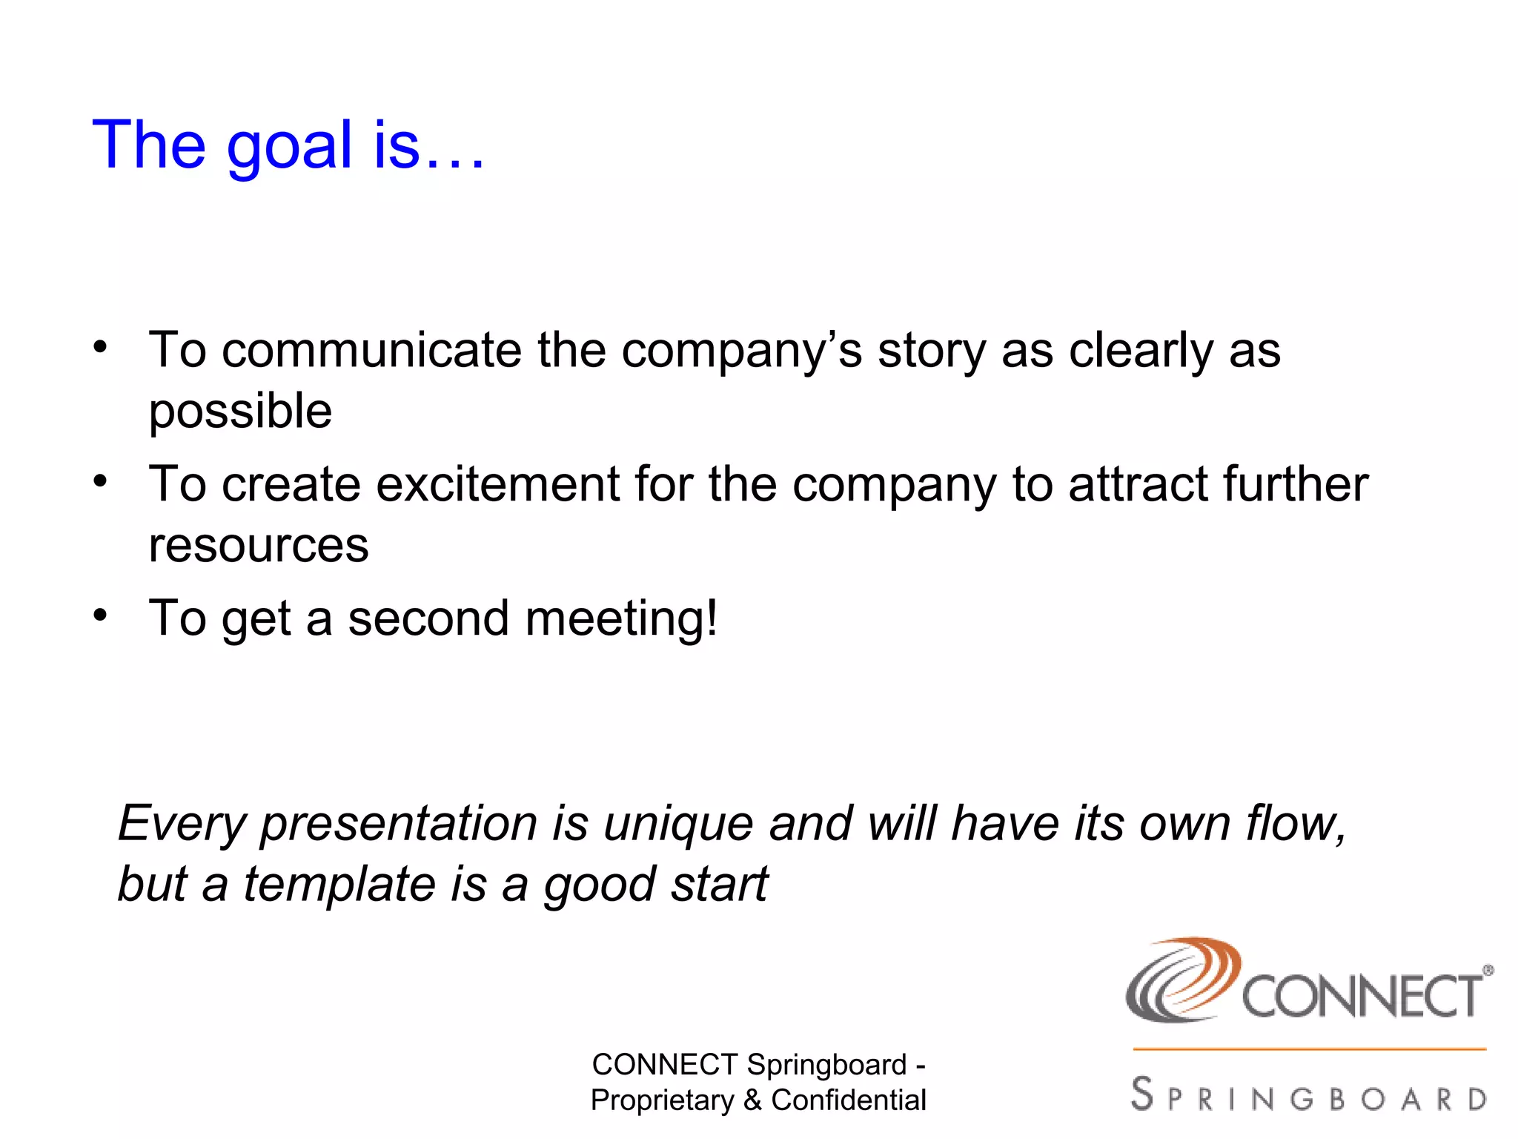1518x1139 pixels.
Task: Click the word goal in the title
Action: (x=289, y=146)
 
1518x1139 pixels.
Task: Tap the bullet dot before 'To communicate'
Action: (x=100, y=347)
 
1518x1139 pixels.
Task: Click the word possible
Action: (x=240, y=412)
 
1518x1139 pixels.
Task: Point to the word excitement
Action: (x=497, y=484)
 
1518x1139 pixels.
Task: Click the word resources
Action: (x=258, y=545)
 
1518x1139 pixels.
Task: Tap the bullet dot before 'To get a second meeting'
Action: (x=100, y=615)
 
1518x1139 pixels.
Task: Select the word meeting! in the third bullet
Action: (x=621, y=618)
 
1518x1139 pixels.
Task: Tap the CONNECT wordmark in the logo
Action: (x=1362, y=997)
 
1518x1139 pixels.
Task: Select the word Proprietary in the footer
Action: (x=662, y=1100)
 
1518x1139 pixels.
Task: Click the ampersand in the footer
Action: (x=752, y=1100)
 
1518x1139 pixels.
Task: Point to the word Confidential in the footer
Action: (x=848, y=1100)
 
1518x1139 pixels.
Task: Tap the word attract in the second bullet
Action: (x=1138, y=484)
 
